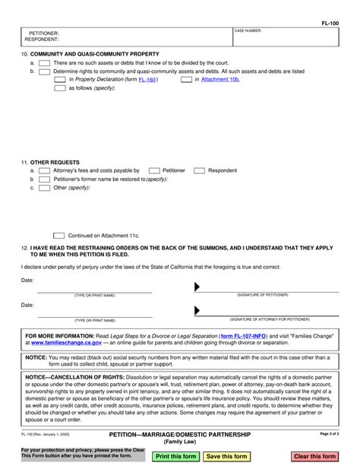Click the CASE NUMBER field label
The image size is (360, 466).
(x=249, y=30)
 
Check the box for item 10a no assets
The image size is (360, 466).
(x=45, y=63)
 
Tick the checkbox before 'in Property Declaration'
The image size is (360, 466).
(x=61, y=79)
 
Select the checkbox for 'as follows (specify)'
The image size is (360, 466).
(x=61, y=88)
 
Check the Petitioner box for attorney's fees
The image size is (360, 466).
(x=153, y=171)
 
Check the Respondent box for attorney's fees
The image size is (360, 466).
(x=199, y=171)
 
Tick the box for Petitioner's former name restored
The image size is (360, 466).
(x=45, y=179)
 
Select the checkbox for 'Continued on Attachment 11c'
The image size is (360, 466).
(x=59, y=236)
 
